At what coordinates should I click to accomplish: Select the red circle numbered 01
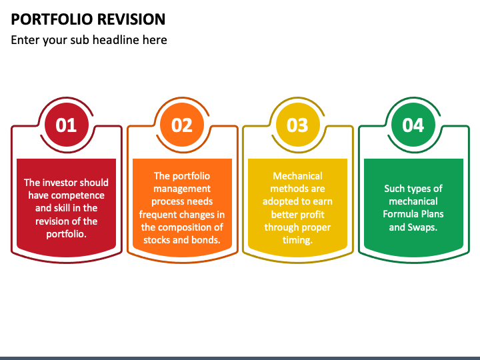(x=66, y=125)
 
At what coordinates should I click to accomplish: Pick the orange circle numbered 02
(x=182, y=125)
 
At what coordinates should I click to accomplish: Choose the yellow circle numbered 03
(x=297, y=125)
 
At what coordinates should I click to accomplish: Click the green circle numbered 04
(x=413, y=125)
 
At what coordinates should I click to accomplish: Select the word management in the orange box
(x=182, y=189)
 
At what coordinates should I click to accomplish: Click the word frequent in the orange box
(x=159, y=215)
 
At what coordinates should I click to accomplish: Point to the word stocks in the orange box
(x=157, y=240)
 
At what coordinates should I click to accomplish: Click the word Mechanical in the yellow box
(x=297, y=176)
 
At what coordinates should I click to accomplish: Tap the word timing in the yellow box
(x=297, y=240)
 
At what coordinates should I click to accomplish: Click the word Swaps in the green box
(x=422, y=227)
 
